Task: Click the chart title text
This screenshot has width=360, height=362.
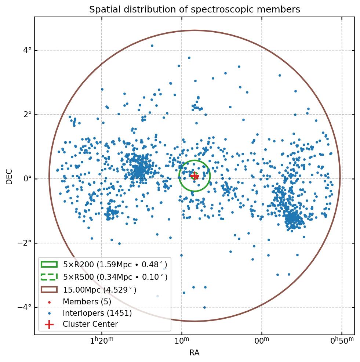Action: (194, 10)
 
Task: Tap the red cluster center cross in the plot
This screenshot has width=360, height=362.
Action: (194, 176)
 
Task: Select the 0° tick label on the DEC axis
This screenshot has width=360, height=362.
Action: (27, 179)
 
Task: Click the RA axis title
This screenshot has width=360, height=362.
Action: (194, 353)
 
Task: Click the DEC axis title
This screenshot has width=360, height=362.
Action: (9, 176)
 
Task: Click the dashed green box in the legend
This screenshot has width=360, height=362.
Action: (49, 276)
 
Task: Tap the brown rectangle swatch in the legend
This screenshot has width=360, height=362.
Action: (49, 289)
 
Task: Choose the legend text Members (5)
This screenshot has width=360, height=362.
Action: (87, 302)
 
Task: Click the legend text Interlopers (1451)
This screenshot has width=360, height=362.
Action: (97, 313)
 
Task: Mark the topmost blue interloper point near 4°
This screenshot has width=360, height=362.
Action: (152, 46)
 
